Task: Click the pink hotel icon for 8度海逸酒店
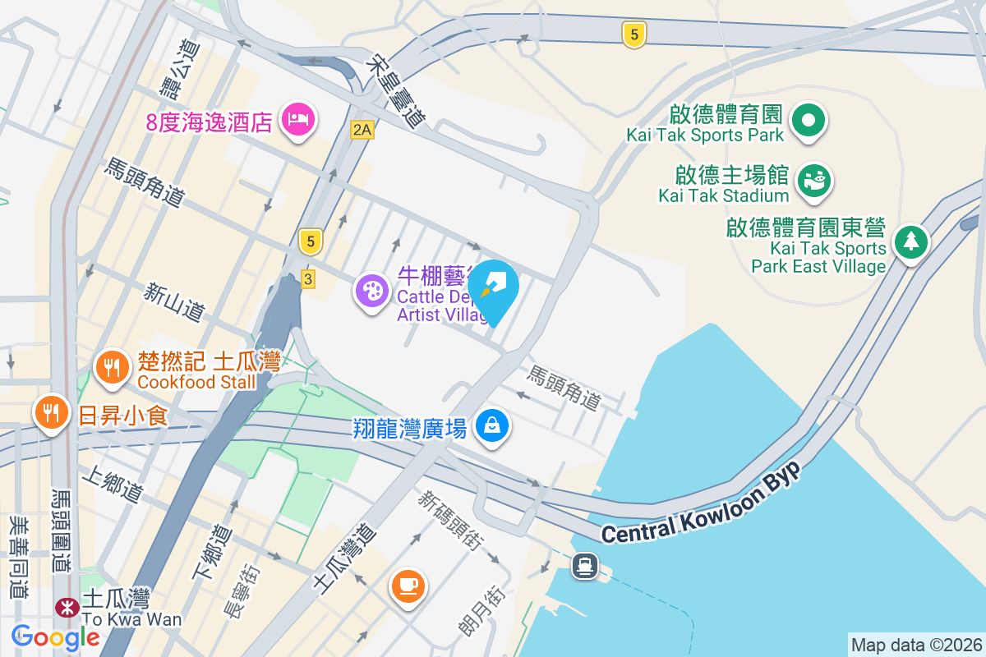pyautogui.click(x=297, y=120)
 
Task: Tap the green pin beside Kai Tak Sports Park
pyautogui.click(x=809, y=121)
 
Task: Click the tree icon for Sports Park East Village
pyautogui.click(x=910, y=241)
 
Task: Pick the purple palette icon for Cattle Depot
pyautogui.click(x=373, y=291)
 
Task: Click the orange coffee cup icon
pyautogui.click(x=408, y=586)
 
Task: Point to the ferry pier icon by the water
pyautogui.click(x=585, y=565)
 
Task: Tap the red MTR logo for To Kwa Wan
pyautogui.click(x=62, y=607)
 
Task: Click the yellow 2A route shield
pyautogui.click(x=361, y=129)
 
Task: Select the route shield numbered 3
pyautogui.click(x=307, y=279)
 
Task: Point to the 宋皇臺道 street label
pyautogui.click(x=398, y=90)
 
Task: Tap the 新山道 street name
pyautogui.click(x=173, y=301)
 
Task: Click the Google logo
pyautogui.click(x=56, y=636)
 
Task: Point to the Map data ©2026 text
pyautogui.click(x=915, y=645)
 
